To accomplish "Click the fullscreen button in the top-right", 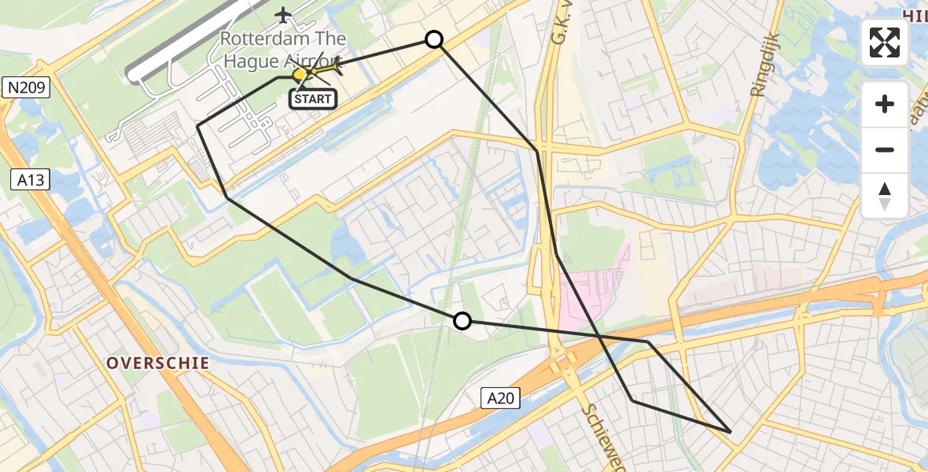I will [885, 42].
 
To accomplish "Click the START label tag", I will [314, 99].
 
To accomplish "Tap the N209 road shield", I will [26, 88].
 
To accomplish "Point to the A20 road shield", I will [500, 399].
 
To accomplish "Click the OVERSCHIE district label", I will [157, 363].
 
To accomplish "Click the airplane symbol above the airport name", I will [283, 14].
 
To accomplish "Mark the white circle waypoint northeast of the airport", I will [434, 39].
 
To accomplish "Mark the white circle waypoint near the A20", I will [462, 320].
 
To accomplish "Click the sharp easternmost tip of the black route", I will [731, 432].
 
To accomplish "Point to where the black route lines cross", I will [600, 337].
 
